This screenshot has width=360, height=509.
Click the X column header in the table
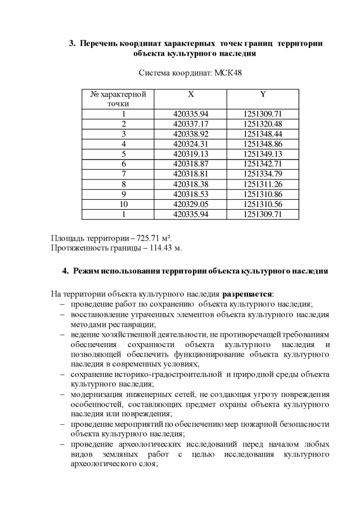pos(191,94)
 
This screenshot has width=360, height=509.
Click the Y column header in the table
pos(263,94)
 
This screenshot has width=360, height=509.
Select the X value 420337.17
pos(191,123)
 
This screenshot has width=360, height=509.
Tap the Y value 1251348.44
pos(263,133)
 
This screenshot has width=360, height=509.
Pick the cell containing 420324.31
pos(191,143)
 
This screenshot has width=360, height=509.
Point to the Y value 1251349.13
pos(263,154)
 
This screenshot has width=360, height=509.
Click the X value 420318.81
pos(191,173)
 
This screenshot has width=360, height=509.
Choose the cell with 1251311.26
pos(263,183)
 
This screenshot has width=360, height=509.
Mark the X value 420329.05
pos(191,204)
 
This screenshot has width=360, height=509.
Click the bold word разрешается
pos(248,294)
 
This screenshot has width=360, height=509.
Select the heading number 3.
pos(71,43)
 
